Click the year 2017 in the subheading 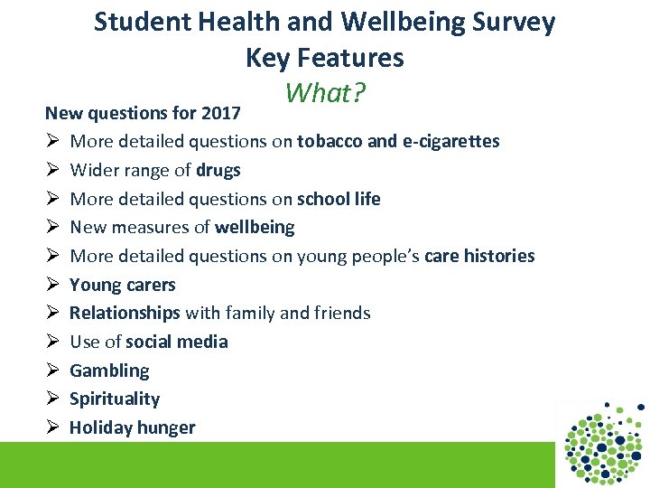click(221, 113)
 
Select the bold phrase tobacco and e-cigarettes click(398, 141)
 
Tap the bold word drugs click(218, 170)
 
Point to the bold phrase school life click(339, 199)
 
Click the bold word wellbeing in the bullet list click(255, 227)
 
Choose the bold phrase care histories click(478, 256)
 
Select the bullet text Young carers click(123, 285)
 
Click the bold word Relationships click(125, 313)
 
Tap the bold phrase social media click(177, 342)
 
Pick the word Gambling click(109, 371)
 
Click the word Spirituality click(115, 399)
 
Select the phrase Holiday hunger click(133, 427)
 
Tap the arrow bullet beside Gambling click(52, 371)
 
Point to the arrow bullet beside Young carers click(52, 285)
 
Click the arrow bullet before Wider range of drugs click(52, 170)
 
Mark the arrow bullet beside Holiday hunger click(52, 427)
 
